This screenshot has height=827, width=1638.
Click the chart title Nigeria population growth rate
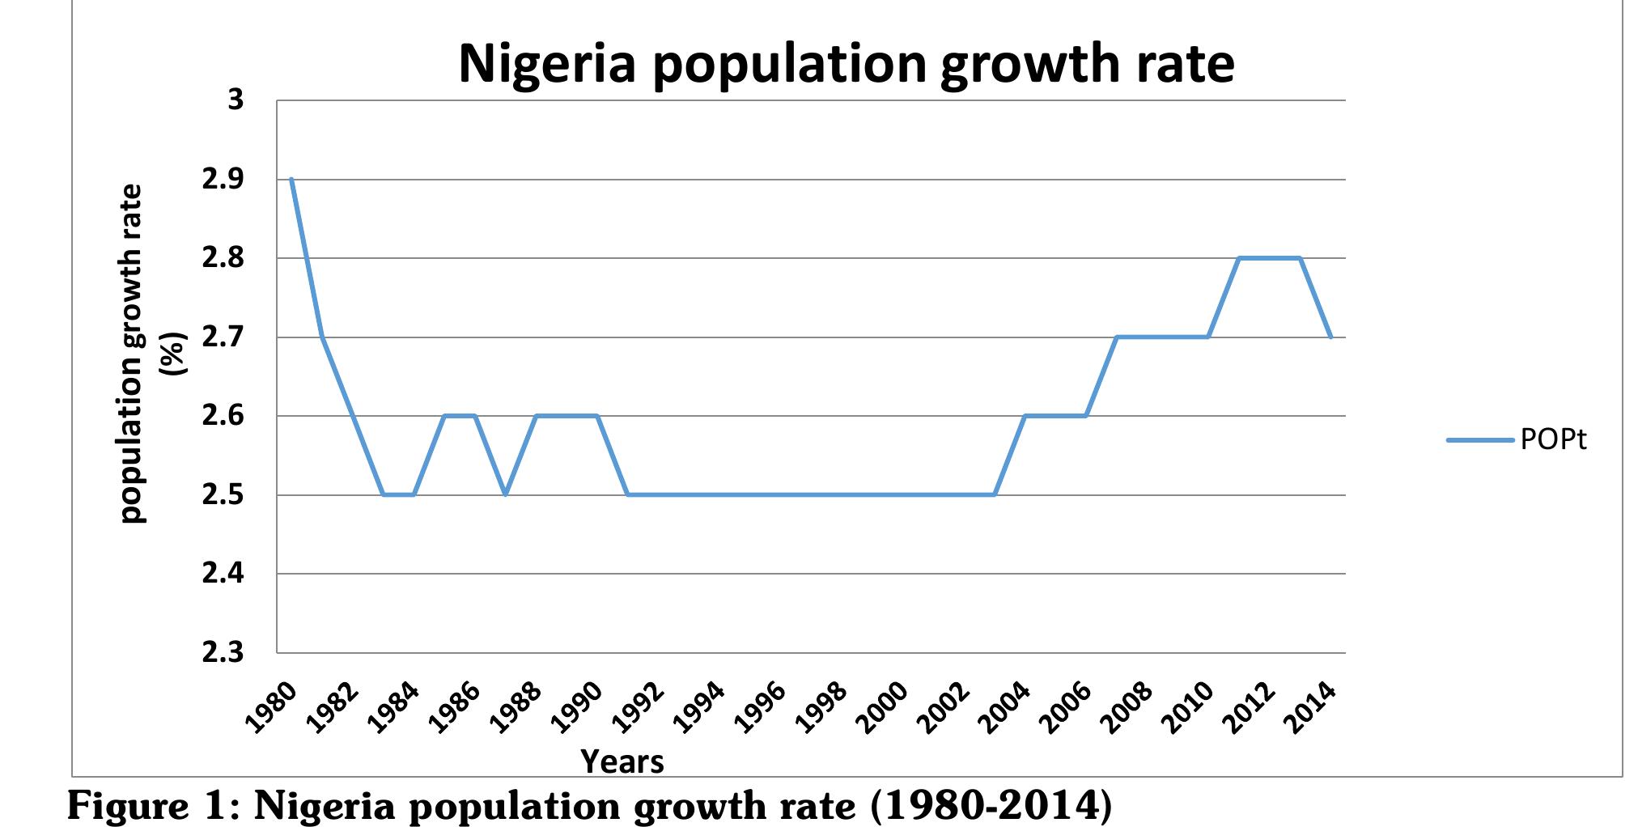click(846, 63)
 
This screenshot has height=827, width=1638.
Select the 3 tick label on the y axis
click(235, 100)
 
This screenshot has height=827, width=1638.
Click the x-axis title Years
click(622, 761)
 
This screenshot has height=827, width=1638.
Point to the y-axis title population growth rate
click(132, 354)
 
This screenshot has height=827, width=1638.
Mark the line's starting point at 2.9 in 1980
click(291, 180)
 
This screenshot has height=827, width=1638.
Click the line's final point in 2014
click(1330, 337)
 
